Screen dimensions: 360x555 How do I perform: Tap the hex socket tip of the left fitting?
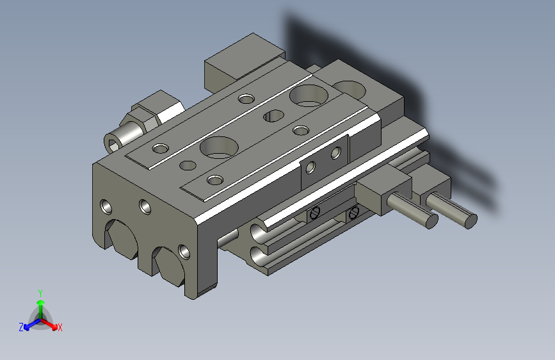[115, 142]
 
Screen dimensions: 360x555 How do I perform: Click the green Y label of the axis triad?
[40, 292]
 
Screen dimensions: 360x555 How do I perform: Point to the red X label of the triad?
[60, 327]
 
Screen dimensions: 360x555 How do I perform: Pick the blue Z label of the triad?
[20, 327]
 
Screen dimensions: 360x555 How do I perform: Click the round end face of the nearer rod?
[431, 222]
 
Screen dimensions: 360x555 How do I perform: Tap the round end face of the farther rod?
[471, 220]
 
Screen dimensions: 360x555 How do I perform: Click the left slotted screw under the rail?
[314, 213]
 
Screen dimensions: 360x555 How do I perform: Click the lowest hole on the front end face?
[184, 250]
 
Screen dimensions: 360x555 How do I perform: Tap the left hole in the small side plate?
[310, 168]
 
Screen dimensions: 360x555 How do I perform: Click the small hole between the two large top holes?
[274, 116]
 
